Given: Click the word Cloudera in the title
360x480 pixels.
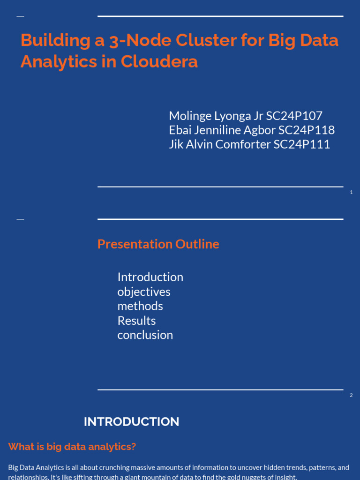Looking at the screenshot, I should tap(159, 62).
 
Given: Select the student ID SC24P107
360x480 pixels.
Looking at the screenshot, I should tap(294, 116).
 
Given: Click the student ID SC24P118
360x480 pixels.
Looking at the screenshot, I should tap(307, 130).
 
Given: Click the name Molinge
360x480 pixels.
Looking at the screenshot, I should tap(189, 116).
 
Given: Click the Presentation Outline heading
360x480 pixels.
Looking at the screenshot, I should tap(158, 244).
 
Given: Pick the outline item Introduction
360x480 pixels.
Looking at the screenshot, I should tap(150, 277).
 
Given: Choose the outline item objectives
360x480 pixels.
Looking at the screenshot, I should tap(143, 292).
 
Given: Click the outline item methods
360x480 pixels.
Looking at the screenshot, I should tap(140, 306).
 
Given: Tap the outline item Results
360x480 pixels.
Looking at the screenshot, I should tap(136, 321).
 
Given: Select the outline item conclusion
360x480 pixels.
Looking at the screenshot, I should tap(145, 335).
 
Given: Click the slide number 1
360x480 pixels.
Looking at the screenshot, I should tap(351, 192).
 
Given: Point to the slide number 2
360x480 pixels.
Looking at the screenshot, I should tap(351, 395).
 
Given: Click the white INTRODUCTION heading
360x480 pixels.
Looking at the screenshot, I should tap(131, 422).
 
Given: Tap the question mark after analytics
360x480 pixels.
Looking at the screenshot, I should tap(134, 447).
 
